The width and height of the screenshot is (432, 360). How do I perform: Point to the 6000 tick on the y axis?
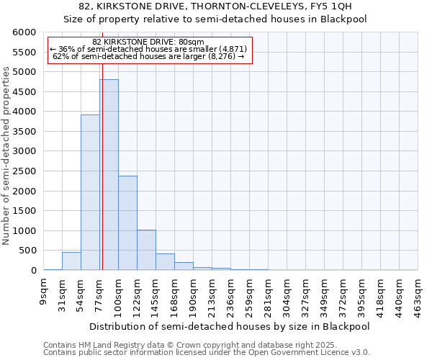[x=26, y=32]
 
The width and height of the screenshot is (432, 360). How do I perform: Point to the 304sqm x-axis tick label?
[x=288, y=292]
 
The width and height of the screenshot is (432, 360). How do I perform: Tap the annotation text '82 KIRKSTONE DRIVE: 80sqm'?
[x=149, y=42]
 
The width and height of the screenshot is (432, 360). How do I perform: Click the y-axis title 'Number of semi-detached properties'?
[x=7, y=156]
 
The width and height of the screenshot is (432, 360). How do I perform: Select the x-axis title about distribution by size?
[x=230, y=326]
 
